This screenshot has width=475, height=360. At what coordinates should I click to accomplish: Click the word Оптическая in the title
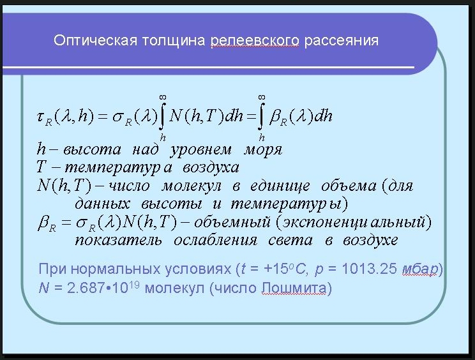[95, 40]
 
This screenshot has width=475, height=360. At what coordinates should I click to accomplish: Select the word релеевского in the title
[255, 41]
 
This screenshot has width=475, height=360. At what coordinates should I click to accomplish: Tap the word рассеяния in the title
[341, 41]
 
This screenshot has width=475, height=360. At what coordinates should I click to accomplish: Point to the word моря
[263, 150]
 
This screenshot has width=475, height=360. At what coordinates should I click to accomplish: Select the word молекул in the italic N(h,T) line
[192, 186]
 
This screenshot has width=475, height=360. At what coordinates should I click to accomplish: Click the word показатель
[118, 241]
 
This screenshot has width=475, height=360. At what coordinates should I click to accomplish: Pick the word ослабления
[215, 241]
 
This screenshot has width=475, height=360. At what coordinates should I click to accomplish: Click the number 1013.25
[369, 269]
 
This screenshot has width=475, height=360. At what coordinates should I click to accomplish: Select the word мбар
[420, 269]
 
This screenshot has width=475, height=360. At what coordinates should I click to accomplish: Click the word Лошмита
[294, 289]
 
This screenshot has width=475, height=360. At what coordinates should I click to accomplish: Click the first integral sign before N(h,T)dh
[162, 116]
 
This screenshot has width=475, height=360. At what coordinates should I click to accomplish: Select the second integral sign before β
[261, 116]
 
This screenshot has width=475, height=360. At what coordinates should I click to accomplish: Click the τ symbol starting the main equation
[41, 117]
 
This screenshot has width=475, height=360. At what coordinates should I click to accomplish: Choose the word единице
[280, 186]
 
